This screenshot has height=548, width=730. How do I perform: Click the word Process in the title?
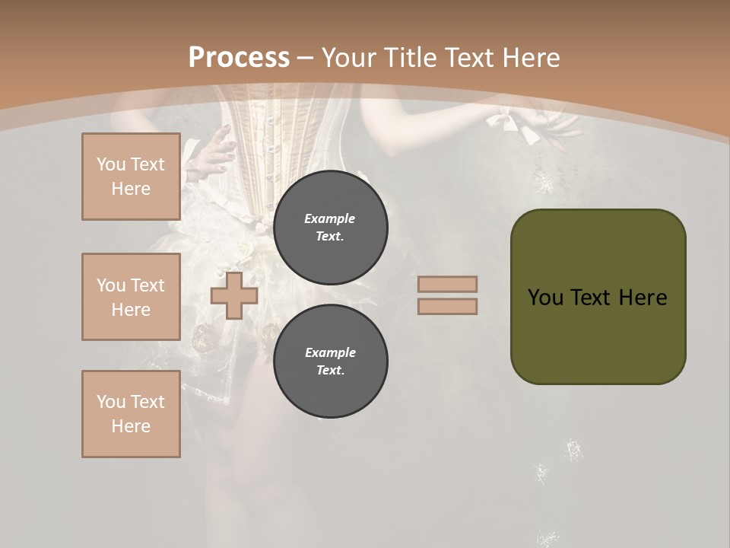[239, 57]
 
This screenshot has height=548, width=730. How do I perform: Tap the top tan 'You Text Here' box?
[131, 177]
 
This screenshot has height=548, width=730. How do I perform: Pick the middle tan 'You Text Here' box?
[131, 297]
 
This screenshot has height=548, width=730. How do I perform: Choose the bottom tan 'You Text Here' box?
[131, 414]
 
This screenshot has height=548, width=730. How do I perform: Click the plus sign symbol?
[234, 295]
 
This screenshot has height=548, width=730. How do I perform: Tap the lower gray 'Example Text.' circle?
[330, 362]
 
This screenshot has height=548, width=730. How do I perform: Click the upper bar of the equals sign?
[448, 284]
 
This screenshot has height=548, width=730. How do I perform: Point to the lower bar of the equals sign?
[448, 306]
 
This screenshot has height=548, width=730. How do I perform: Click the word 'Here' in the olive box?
[643, 298]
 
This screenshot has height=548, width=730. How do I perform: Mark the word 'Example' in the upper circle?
[330, 218]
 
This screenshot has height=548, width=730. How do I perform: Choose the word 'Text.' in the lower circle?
[330, 371]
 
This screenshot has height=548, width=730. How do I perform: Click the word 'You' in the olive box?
[545, 298]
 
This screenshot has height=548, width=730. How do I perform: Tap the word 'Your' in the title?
[348, 57]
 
